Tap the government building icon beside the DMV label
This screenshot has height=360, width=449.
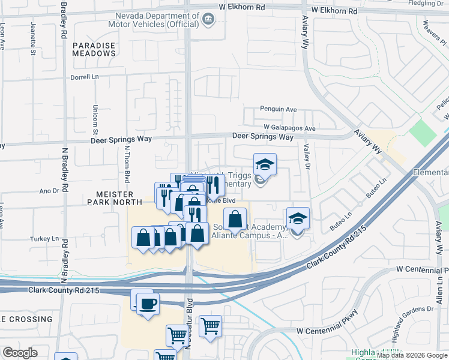point(208,19)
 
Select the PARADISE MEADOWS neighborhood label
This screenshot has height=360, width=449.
point(94,49)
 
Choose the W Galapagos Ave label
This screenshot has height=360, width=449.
point(289,128)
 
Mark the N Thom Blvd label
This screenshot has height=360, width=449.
point(127,164)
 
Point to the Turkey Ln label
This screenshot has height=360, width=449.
point(46,238)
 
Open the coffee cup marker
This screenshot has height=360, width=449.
point(148,303)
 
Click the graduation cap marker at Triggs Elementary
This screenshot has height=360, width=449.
point(264,164)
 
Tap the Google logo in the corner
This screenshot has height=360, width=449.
point(20,353)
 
